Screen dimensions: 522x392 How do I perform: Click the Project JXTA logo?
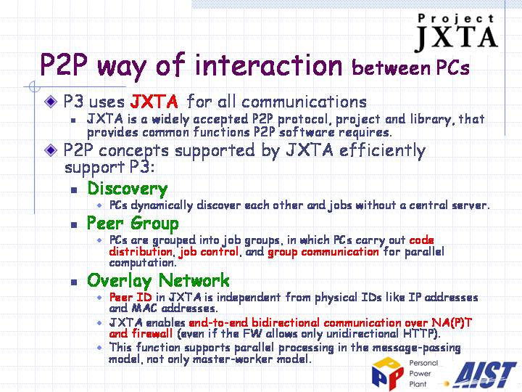(456, 33)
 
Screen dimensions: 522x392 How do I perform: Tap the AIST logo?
(485, 375)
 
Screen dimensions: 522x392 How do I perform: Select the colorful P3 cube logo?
(388, 373)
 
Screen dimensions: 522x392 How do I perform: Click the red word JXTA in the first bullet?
(154, 102)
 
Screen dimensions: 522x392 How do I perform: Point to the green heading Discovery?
(128, 189)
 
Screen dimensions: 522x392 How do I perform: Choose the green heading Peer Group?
(133, 224)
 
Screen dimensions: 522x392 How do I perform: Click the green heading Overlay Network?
(158, 281)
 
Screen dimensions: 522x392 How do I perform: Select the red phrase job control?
(208, 251)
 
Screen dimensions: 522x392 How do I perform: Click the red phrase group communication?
(323, 252)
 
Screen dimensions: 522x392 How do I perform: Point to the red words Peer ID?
(130, 297)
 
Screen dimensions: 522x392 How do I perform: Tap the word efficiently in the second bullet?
(382, 150)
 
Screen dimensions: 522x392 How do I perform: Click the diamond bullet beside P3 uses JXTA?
(51, 102)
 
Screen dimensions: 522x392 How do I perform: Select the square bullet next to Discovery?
(74, 190)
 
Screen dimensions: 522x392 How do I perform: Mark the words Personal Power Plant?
(423, 374)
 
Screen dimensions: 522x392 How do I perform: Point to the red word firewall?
(152, 333)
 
